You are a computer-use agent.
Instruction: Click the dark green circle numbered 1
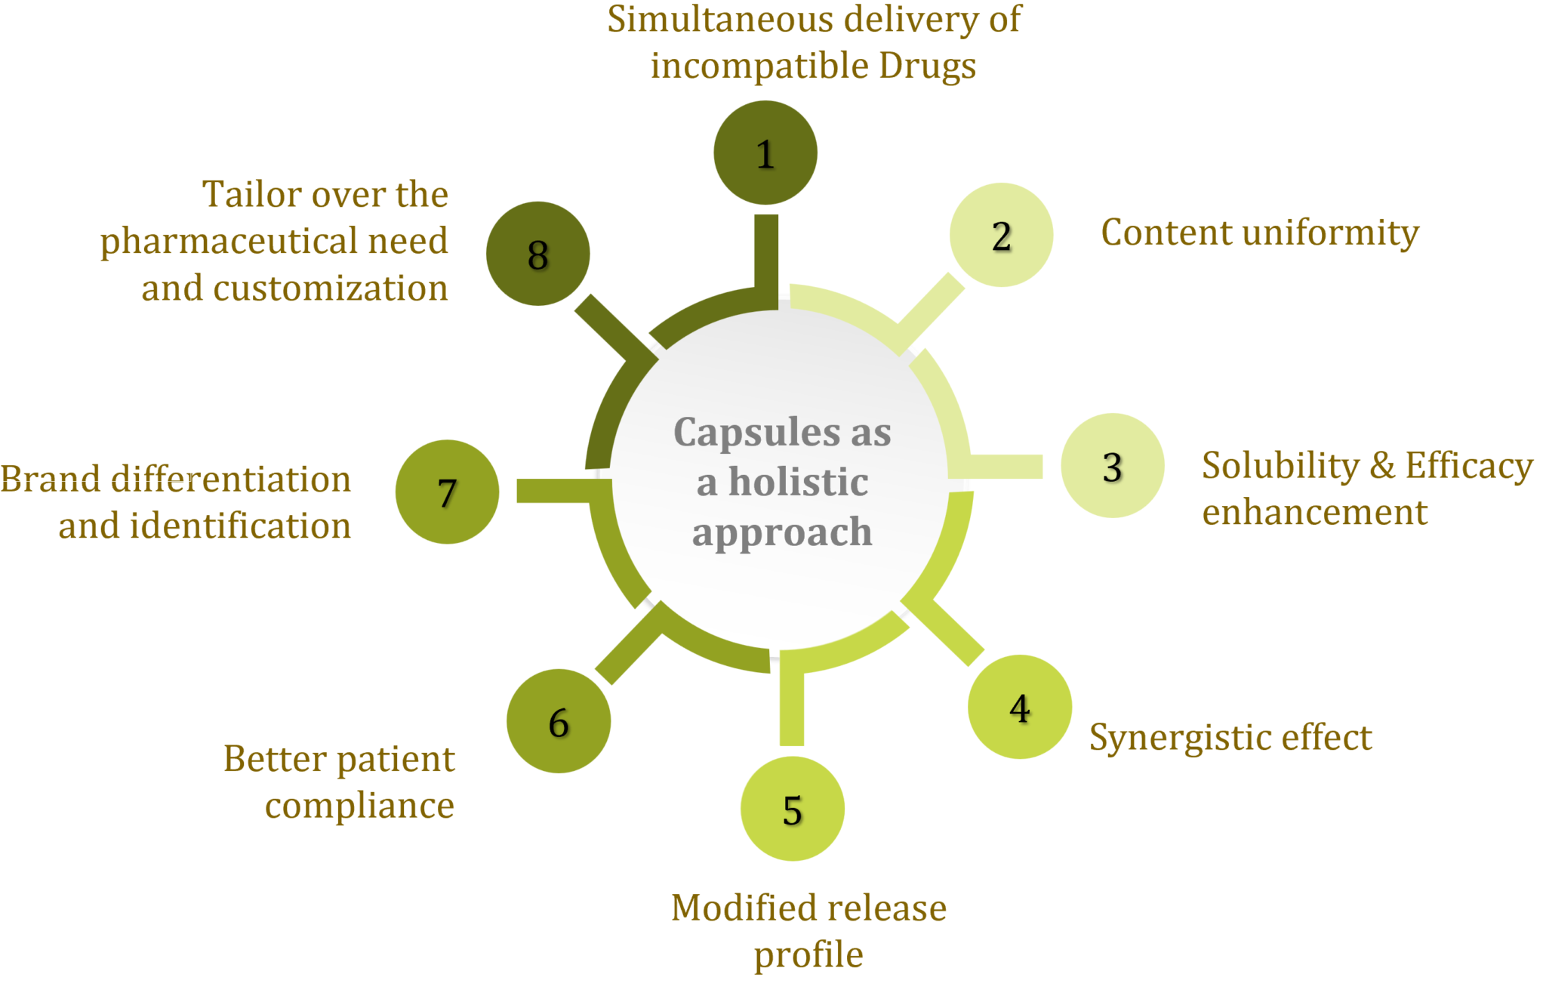765,153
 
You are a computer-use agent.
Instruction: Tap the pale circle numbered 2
1001,235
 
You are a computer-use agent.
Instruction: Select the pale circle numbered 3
1112,465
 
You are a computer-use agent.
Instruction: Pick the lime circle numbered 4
1019,707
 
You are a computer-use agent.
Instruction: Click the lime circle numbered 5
792,809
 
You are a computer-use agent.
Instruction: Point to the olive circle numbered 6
558,721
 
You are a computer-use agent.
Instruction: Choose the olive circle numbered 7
447,492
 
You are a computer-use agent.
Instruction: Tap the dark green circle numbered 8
537,254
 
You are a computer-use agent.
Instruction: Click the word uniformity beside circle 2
1328,233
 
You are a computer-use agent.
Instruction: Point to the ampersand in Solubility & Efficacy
1381,465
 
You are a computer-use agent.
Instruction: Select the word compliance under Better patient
359,806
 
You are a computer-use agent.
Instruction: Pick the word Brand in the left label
50,480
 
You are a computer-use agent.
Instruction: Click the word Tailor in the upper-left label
251,195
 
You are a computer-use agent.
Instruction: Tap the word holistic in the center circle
799,482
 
